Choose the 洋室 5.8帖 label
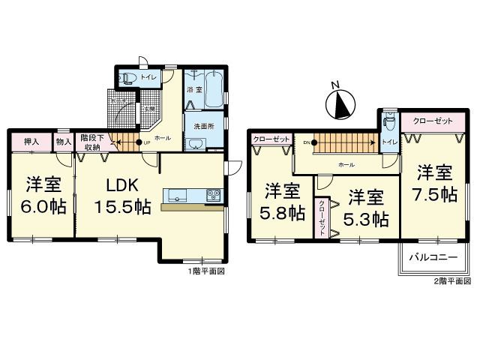283,201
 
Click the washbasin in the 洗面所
198,142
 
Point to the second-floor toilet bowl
389,123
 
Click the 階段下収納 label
91,142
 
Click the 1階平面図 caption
207,271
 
